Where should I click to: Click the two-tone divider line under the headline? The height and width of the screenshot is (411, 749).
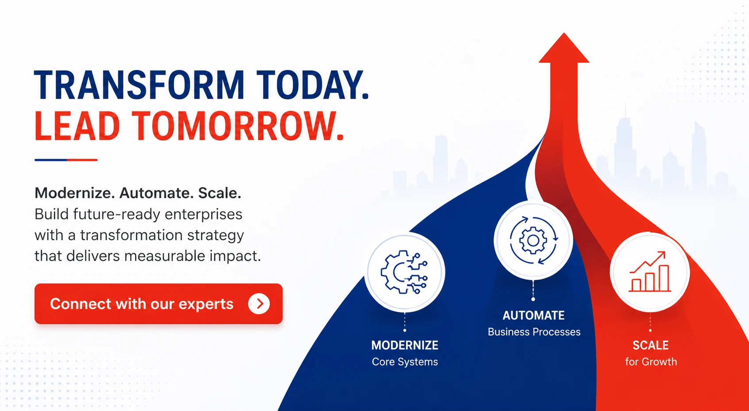coord(66,160)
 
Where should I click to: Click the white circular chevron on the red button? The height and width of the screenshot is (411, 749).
coord(259,303)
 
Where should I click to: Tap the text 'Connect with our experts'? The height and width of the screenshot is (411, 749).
coord(142,303)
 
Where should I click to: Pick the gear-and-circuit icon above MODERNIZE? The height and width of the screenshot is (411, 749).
coord(404,272)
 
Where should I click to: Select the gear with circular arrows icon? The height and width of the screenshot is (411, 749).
coord(534,240)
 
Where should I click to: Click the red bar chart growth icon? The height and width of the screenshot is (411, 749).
coord(650,272)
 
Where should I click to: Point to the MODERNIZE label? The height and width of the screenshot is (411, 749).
coord(405,345)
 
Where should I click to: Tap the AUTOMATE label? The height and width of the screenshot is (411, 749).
coord(534,315)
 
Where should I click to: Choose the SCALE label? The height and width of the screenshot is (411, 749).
coord(650,345)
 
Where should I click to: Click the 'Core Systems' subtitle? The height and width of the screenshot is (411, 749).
coord(405,362)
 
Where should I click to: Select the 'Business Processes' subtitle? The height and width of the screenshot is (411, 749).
coord(534,332)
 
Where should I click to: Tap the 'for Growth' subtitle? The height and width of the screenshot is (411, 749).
coord(651,362)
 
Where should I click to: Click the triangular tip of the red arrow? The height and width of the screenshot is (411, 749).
coord(564,33)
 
